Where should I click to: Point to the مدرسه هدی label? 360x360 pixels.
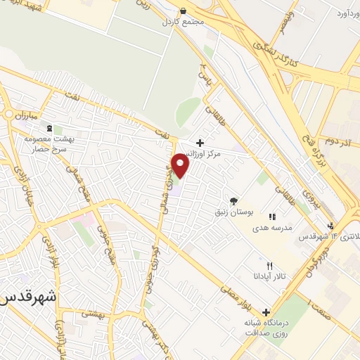[x=280, y=237]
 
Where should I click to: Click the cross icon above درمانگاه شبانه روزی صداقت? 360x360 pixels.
[x=266, y=312]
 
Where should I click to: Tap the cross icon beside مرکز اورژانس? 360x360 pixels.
[x=200, y=142]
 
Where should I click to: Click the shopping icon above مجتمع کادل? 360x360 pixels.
[x=184, y=11]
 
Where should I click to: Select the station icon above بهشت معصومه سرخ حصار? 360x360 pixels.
[x=49, y=129]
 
